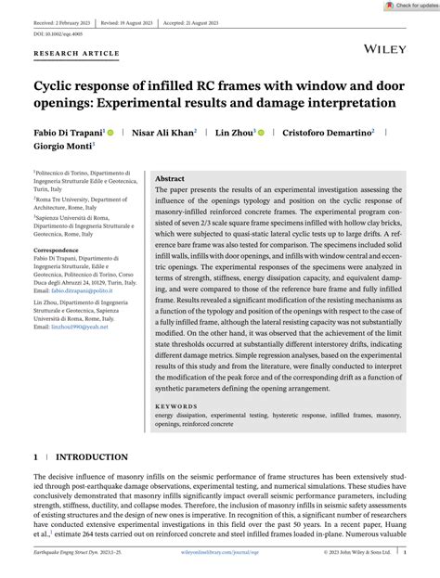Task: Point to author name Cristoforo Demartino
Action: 330,133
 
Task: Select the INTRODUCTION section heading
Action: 92,457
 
